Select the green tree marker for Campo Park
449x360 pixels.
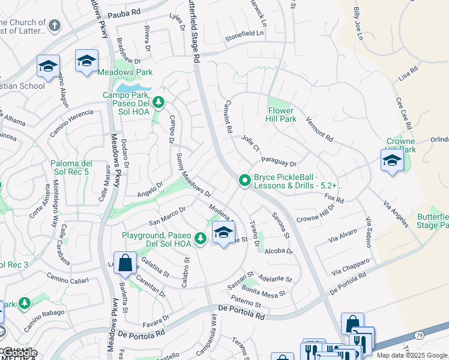(158, 102)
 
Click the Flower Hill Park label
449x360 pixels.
(281, 115)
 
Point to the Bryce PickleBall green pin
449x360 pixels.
(244, 180)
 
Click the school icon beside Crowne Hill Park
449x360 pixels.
(391, 161)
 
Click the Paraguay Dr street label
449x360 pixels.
(279, 162)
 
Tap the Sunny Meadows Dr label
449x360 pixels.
(193, 175)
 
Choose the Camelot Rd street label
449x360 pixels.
(228, 116)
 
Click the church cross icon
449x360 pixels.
(55, 26)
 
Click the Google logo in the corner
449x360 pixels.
(19, 353)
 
